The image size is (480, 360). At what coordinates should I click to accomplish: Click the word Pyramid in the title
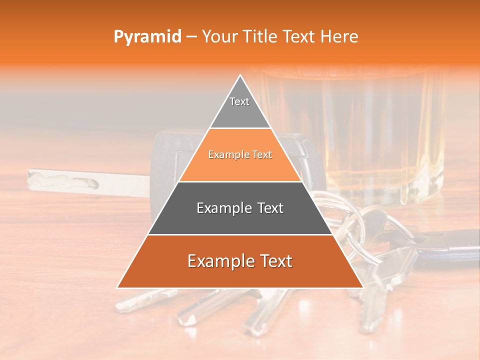pos(147,37)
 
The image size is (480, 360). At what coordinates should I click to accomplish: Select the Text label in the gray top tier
pos(239,101)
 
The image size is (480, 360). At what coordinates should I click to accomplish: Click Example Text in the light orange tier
pos(240,155)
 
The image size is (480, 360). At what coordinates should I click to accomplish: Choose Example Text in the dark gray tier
pos(240,208)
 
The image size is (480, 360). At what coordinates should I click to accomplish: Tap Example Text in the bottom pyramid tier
pos(240,261)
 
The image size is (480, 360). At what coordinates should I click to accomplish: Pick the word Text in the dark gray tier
pos(267,208)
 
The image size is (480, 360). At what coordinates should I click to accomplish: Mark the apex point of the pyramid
pos(240,75)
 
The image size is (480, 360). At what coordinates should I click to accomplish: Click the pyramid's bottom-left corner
pos(117,287)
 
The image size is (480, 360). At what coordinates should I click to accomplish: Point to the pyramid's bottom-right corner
pos(363,287)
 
